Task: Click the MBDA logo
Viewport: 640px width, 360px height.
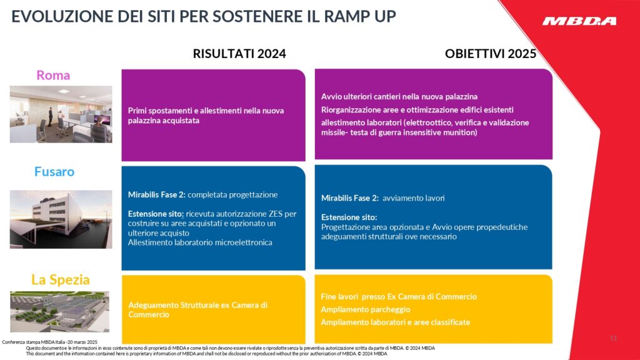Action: (x=579, y=21)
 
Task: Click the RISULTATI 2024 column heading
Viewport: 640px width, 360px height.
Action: (x=239, y=54)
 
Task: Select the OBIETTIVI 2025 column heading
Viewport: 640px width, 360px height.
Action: (x=491, y=54)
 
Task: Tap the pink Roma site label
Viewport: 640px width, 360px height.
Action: (x=53, y=76)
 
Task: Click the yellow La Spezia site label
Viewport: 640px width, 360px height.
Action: (x=61, y=279)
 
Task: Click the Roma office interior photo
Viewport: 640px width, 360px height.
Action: (x=61, y=114)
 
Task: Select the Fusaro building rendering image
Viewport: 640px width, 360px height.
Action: (x=61, y=219)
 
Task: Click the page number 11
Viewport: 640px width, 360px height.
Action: (x=613, y=338)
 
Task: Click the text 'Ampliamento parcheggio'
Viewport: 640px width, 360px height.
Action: (x=366, y=309)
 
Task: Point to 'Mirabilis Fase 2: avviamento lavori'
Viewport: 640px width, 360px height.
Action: (x=382, y=198)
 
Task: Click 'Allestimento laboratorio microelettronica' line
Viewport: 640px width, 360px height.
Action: (x=200, y=242)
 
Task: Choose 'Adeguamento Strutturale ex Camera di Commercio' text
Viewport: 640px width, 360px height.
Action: (x=197, y=310)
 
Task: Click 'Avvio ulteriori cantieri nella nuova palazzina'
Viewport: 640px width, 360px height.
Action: (x=399, y=97)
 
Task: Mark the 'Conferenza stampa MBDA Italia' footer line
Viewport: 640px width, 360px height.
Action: (x=50, y=342)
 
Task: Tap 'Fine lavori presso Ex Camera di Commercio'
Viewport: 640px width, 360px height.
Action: (x=399, y=297)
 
